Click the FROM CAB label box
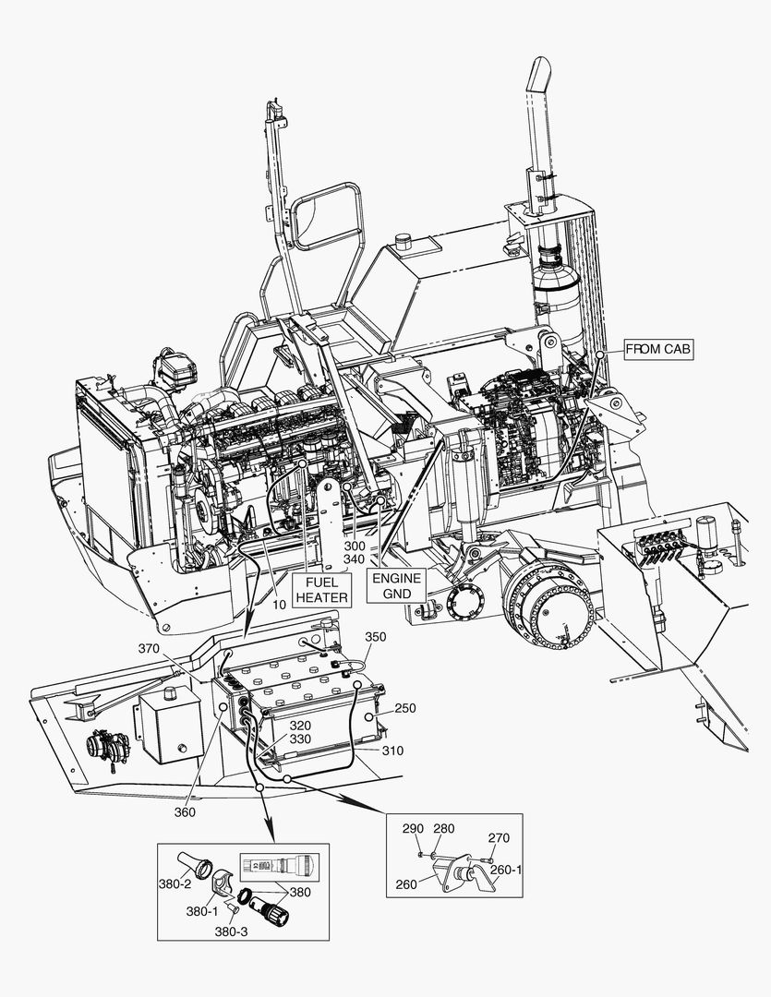[x=657, y=349]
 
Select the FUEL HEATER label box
[x=321, y=590]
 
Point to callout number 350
[x=376, y=637]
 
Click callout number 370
[x=150, y=649]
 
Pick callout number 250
[x=404, y=708]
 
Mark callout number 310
[x=392, y=751]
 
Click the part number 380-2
[x=174, y=883]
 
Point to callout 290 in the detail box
[x=412, y=829]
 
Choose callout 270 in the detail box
[x=499, y=838]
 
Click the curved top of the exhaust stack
[x=538, y=72]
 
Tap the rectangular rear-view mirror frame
[x=326, y=216]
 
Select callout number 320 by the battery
[x=300, y=726]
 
